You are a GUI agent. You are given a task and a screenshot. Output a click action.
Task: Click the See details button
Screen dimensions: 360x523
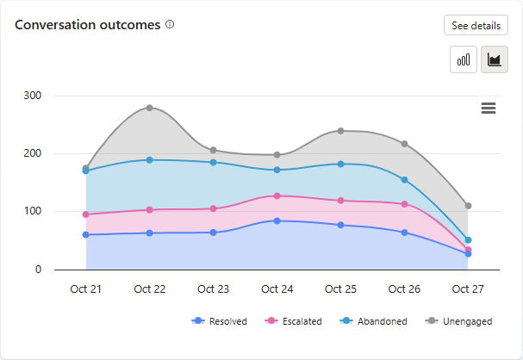tap(475, 26)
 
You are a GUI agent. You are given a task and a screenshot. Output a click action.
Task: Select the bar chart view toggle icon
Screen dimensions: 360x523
tap(464, 59)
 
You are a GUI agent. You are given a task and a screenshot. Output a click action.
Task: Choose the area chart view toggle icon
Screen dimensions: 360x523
tap(494, 59)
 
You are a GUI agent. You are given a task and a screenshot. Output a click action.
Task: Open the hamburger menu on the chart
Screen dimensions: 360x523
tap(489, 108)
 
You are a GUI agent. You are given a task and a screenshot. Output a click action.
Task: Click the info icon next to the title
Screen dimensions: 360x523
tap(170, 25)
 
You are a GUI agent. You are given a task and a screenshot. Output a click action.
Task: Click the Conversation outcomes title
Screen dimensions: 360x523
tap(87, 25)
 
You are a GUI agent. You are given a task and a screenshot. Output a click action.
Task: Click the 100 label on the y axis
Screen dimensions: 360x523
tap(31, 211)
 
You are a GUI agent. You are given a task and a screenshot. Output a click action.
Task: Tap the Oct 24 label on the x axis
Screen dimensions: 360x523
tap(277, 289)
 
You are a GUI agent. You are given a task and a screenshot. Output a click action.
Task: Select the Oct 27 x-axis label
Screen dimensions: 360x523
tap(468, 289)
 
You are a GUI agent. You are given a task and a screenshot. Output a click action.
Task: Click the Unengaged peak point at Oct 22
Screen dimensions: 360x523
tap(150, 108)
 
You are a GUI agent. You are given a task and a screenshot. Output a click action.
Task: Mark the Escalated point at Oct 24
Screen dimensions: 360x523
tap(277, 196)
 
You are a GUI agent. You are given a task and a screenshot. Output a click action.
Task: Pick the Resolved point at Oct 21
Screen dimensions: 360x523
tap(86, 234)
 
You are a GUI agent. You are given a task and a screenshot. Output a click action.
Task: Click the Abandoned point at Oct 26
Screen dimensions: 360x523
tap(404, 180)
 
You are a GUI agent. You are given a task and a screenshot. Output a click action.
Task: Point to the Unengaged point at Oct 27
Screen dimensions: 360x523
tap(468, 206)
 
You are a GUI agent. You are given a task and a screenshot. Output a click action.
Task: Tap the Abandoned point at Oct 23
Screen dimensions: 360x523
tap(214, 162)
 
